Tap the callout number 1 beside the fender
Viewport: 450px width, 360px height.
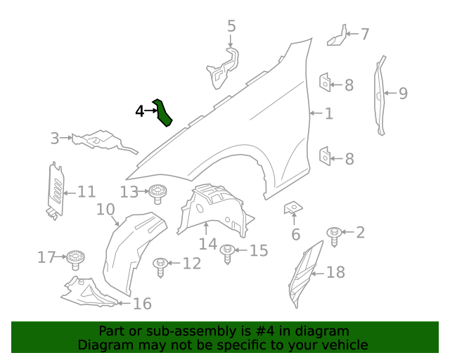coord(328,112)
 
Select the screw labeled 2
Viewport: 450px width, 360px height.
coord(335,236)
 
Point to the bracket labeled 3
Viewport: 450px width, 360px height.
coord(98,141)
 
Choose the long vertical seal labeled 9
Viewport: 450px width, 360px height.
coord(380,95)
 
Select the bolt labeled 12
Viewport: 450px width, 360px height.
coord(161,264)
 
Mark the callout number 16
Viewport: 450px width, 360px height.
coord(142,304)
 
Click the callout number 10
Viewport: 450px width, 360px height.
coord(105,210)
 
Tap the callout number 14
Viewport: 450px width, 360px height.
coord(207,244)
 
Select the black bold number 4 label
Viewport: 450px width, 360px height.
coord(140,111)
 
